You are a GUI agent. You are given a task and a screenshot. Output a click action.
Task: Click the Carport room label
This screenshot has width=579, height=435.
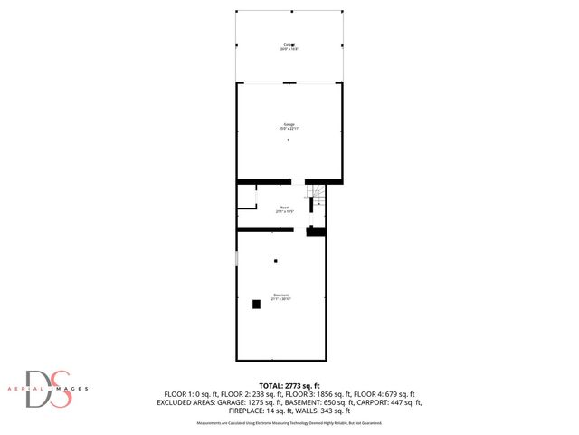click(x=289, y=46)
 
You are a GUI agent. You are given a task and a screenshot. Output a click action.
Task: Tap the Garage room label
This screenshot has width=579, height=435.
click(x=289, y=126)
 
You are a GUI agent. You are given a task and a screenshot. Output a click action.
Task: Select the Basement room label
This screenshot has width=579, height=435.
click(x=281, y=296)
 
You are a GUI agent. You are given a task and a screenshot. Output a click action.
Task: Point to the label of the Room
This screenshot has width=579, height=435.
click(x=285, y=209)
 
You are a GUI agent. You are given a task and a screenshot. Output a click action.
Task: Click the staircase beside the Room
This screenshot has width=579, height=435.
click(x=318, y=197)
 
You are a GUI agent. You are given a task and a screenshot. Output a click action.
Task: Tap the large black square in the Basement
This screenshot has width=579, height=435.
click(x=256, y=304)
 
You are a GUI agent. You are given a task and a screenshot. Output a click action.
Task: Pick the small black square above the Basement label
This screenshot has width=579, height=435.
click(x=276, y=261)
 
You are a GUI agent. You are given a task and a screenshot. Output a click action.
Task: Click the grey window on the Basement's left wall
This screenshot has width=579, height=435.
click(x=237, y=258)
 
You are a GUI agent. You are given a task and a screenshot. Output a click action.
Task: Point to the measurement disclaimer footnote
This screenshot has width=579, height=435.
click(x=289, y=423)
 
